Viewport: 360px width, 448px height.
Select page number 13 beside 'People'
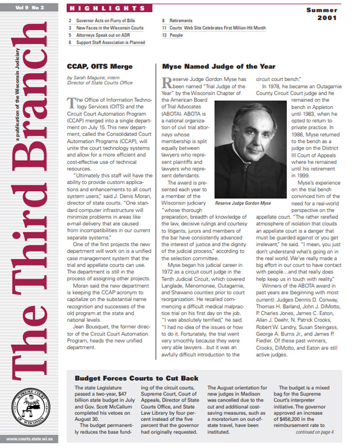click(x=164, y=35)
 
